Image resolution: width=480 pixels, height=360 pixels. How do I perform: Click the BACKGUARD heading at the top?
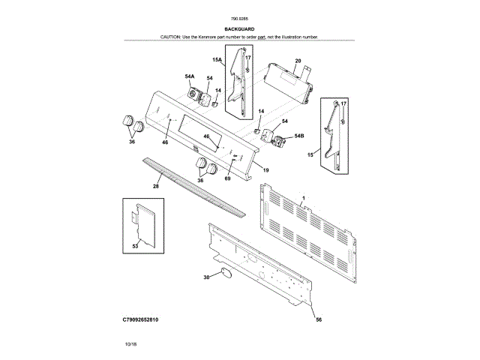click(239, 29)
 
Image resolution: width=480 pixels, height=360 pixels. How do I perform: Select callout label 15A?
click(217, 59)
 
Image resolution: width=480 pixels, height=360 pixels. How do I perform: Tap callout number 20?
click(298, 61)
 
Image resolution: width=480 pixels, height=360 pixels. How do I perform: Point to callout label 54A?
click(190, 76)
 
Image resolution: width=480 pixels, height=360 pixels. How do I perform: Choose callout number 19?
click(265, 170)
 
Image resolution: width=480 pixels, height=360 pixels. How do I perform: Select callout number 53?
click(135, 245)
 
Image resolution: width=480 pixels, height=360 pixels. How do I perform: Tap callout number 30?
click(206, 278)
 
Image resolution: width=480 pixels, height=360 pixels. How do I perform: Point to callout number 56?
click(318, 320)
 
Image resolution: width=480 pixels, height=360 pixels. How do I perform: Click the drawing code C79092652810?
click(141, 320)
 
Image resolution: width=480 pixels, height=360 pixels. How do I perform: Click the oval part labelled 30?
click(223, 275)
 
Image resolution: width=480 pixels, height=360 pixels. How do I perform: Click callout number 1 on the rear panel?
click(302, 200)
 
